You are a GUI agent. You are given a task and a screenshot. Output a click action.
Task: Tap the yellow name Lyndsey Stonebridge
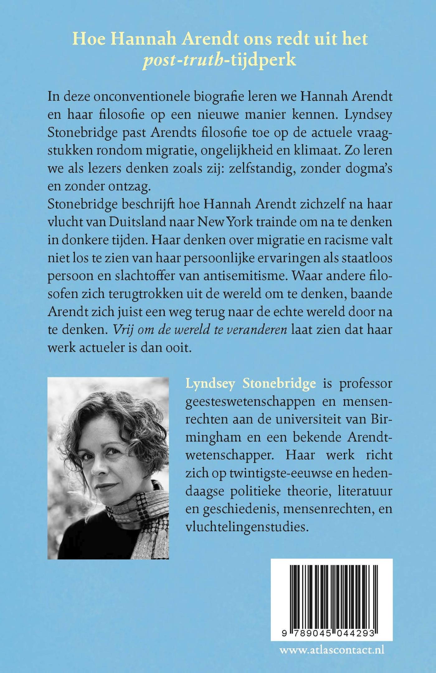tap(251, 383)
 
